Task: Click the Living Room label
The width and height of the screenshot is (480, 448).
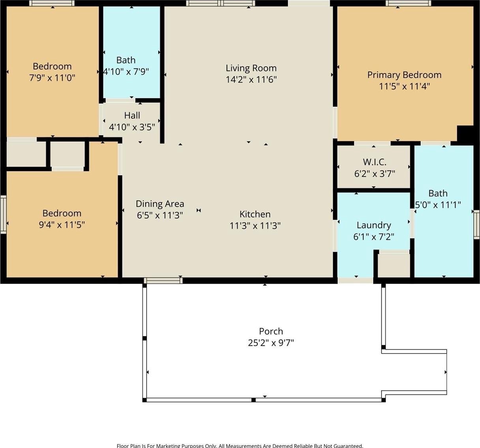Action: pos(251,68)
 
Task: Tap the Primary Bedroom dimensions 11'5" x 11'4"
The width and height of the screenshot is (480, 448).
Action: pos(404,87)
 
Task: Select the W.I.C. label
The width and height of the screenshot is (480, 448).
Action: pos(374,162)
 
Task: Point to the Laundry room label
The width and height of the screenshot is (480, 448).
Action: pos(374,225)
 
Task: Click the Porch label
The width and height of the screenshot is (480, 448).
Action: pos(271,331)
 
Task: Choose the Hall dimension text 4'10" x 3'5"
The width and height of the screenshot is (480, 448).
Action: pos(132,127)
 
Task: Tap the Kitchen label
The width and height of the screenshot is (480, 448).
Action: pos(255,214)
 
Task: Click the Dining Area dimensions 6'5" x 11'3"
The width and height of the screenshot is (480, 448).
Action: pos(160,215)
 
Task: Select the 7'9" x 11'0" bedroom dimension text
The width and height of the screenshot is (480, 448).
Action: pos(52,78)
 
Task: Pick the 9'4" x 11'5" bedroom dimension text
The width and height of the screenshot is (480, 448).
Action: pos(62,225)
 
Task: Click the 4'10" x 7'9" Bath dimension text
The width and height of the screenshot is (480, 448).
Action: pos(126,72)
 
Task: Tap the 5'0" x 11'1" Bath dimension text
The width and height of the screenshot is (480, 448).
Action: pos(438,205)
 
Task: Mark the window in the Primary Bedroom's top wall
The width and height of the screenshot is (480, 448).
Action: pos(408,3)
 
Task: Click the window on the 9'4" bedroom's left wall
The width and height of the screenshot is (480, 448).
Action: pos(3,215)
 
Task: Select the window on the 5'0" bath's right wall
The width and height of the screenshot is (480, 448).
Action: pos(476,224)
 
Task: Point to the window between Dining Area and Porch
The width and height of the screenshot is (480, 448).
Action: pos(163,280)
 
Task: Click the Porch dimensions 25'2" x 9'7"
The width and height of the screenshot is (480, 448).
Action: pos(271,343)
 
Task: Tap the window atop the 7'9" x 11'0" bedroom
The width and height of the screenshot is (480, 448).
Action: pos(52,3)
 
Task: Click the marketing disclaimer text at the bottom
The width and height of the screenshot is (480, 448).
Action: pos(240,445)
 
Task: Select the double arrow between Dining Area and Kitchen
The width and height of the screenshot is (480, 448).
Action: pos(199,211)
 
